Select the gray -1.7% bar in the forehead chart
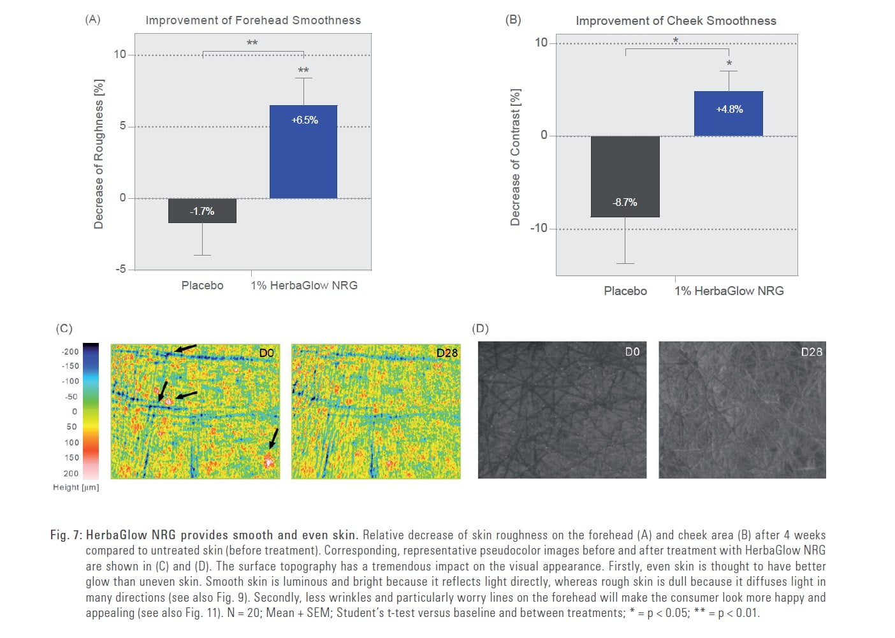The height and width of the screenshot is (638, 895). coord(202,211)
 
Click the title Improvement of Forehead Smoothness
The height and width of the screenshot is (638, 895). coord(253,20)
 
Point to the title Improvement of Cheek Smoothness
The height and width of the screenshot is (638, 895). coord(676,21)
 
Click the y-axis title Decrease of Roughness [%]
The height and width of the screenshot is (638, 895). coord(98,154)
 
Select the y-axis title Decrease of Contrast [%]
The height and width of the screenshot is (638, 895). coord(515,157)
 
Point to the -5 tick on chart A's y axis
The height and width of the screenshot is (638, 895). coord(120,269)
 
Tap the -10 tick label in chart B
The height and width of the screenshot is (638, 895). coord(539,228)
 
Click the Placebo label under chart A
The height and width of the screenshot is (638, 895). coord(202,286)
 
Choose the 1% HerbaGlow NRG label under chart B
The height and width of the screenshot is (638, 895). coord(729,291)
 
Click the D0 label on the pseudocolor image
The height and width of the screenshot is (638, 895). coord(266,353)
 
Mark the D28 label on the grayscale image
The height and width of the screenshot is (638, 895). coord(811,352)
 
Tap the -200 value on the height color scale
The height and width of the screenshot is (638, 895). coord(70,352)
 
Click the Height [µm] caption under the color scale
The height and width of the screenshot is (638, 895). coord(76,488)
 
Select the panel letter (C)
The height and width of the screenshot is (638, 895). coord(64,329)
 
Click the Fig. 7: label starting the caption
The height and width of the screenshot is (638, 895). coord(66,535)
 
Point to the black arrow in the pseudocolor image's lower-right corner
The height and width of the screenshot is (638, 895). coord(274,438)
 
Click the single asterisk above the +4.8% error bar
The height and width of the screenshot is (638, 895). coord(729,64)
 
